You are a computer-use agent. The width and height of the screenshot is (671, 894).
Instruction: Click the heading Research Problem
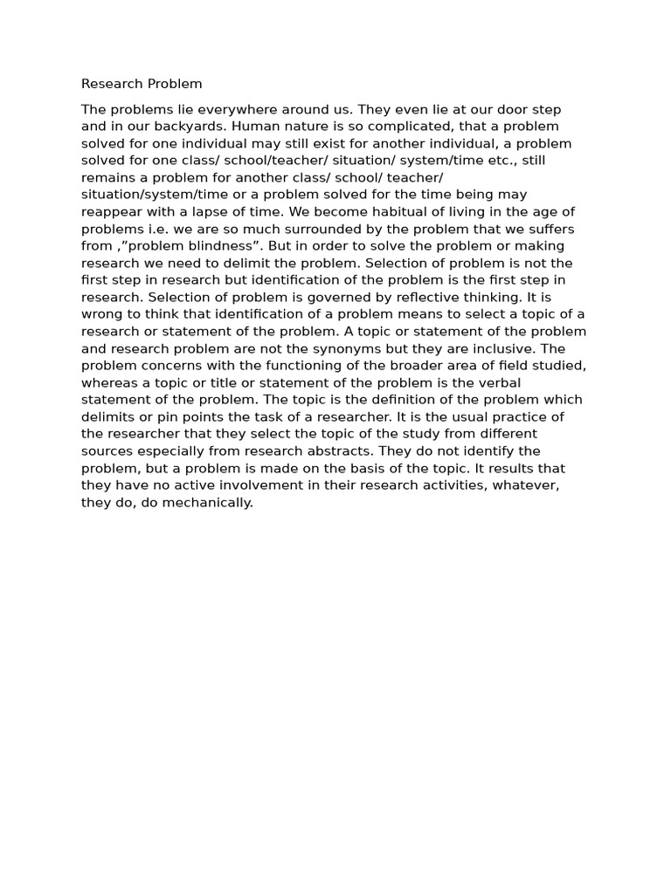[x=142, y=84]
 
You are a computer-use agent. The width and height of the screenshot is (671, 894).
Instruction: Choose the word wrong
[x=102, y=314]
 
